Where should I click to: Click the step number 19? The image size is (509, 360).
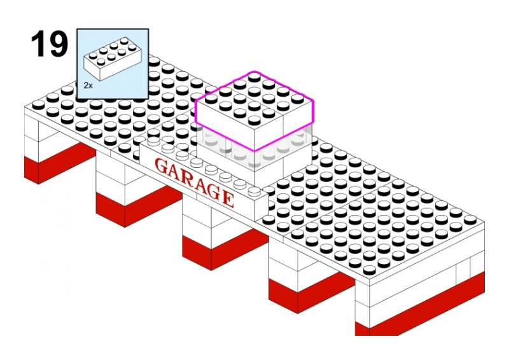pos(50,44)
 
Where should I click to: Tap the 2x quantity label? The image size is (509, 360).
pos(88,86)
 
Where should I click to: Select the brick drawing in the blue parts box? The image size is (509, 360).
pos(113,59)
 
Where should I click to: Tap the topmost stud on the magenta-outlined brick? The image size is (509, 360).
pos(254,77)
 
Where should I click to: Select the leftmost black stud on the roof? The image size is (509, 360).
pos(39,104)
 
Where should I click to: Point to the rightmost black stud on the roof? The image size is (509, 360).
pos(470,220)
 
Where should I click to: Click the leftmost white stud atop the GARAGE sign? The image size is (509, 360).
pos(153,141)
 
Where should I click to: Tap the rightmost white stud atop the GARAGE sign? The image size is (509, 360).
pos(254,191)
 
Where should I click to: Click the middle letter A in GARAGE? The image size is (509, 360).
pos(202,186)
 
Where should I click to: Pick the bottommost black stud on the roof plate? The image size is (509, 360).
pos(370,270)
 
